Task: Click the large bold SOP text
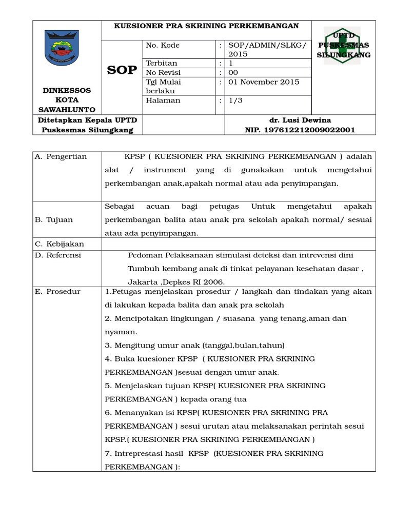pyautogui.click(x=122, y=70)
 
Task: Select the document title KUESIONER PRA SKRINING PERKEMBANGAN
pyautogui.click(x=206, y=26)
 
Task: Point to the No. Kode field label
pyautogui.click(x=163, y=45)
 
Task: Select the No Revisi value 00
pyautogui.click(x=233, y=73)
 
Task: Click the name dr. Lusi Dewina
pyautogui.click(x=300, y=120)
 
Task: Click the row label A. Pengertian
pyautogui.click(x=61, y=156)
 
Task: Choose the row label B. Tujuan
pyautogui.click(x=54, y=219)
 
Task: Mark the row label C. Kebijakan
pyautogui.click(x=59, y=244)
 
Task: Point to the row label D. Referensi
pyautogui.click(x=58, y=255)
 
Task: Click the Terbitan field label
pyautogui.click(x=162, y=64)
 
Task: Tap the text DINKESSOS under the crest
pyautogui.click(x=66, y=90)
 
